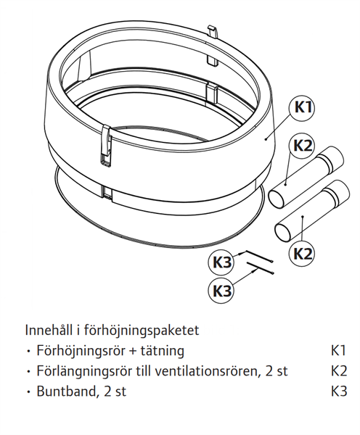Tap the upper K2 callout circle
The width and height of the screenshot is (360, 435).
click(303, 146)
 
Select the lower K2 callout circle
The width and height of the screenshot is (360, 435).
click(303, 253)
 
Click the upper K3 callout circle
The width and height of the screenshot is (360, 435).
click(221, 262)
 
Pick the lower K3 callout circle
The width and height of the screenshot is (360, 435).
click(221, 291)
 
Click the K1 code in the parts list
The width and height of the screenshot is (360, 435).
click(338, 351)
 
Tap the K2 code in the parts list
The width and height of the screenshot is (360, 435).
click(339, 371)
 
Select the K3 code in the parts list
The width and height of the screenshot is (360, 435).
click(339, 391)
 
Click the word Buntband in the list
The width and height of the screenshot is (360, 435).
click(67, 391)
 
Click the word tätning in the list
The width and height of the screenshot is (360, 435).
click(162, 351)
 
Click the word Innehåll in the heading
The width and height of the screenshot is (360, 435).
click(49, 330)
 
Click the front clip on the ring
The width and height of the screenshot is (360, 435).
click(106, 146)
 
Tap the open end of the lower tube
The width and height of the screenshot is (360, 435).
click(283, 232)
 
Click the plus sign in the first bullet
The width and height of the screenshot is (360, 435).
click(132, 352)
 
